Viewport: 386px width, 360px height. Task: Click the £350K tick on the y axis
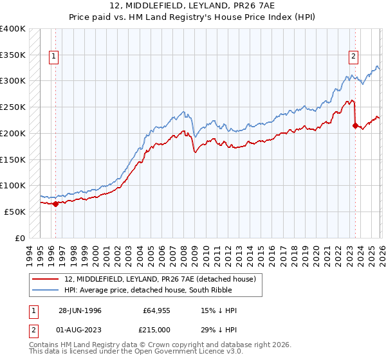13,55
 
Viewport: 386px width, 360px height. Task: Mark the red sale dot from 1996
55,204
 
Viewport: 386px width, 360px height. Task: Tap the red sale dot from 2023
355,126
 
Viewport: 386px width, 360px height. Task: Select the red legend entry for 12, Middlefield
160,279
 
